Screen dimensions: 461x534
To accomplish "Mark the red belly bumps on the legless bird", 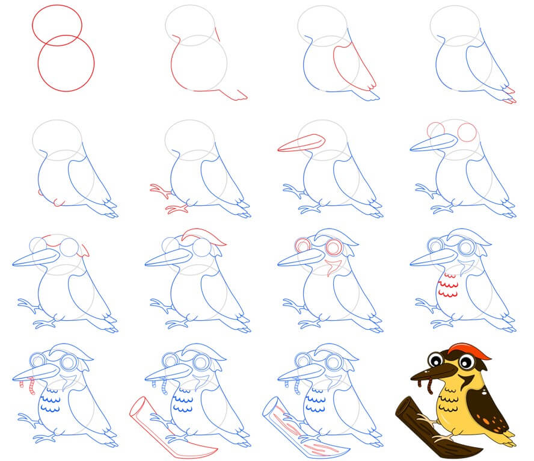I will click(57, 202).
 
